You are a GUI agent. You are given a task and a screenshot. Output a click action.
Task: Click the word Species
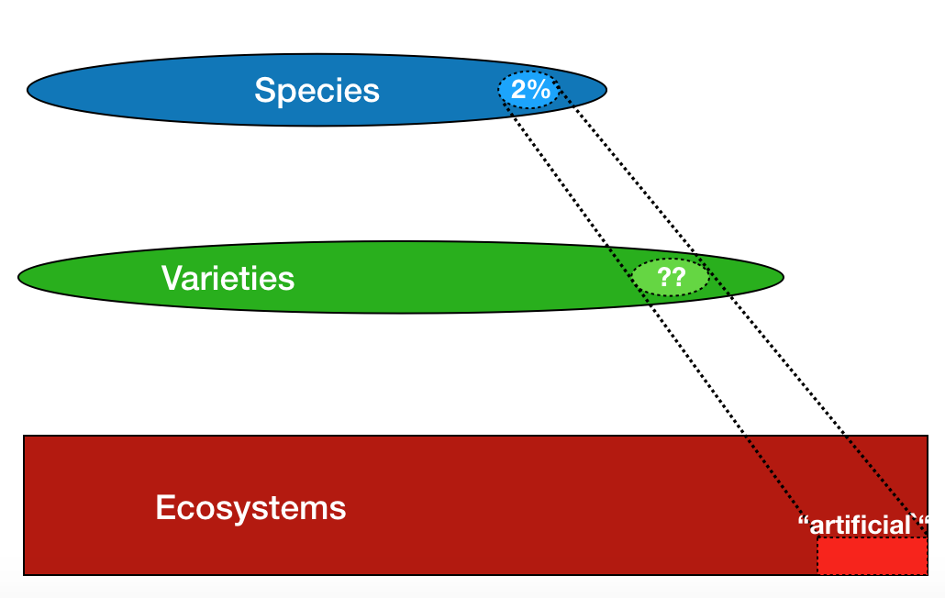317,91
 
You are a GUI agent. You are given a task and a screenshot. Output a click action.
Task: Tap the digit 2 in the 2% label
519,90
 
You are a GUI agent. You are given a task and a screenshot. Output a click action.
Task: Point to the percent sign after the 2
539,90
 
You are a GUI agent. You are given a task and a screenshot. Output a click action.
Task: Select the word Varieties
228,278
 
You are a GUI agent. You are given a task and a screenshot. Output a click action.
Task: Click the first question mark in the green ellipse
663,277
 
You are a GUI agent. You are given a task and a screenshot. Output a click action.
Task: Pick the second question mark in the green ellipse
679,277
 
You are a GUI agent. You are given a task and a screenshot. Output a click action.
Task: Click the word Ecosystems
250,508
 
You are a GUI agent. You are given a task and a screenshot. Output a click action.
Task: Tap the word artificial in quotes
860,526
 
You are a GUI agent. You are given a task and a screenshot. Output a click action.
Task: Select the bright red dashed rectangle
873,556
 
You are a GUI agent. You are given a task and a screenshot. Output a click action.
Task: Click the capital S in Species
265,90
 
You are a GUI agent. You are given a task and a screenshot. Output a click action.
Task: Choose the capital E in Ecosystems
166,507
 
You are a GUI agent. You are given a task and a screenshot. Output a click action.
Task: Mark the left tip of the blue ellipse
28,90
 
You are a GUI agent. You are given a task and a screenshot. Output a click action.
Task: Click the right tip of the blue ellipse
606,90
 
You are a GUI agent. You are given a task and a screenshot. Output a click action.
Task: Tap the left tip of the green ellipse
18,277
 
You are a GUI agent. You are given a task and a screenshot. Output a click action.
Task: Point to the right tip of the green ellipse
784,277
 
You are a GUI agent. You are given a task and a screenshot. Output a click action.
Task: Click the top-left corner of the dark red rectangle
24,436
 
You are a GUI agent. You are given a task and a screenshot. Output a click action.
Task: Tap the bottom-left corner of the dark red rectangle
24,575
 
